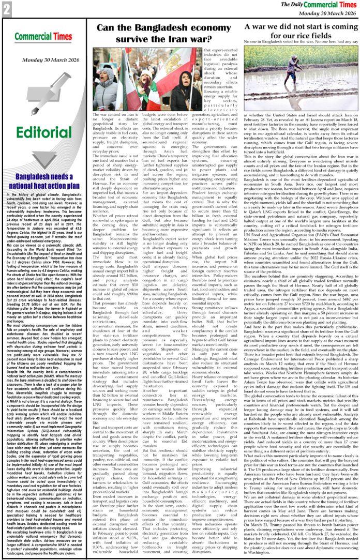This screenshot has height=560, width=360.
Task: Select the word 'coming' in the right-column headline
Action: tap(338, 26)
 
